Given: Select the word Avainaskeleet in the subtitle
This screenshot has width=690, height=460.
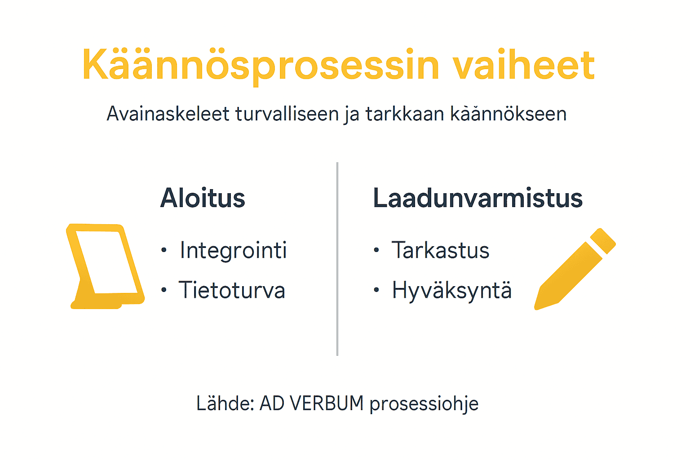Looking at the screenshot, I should pos(168,114).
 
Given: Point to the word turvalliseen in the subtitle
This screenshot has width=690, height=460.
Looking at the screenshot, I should pos(288,114).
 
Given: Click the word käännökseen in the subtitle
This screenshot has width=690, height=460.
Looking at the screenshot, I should pos(508,114).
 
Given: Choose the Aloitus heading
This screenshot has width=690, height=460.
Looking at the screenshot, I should pos(203,198).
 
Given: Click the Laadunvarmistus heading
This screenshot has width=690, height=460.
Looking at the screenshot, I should pos(478,198).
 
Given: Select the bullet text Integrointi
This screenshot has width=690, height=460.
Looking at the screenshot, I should pos(233,250).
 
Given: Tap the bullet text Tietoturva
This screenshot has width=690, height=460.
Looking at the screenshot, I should pos(232,290).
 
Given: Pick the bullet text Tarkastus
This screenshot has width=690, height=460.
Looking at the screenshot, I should pos(440,250).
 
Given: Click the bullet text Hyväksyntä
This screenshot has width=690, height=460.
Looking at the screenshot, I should pos(451,290).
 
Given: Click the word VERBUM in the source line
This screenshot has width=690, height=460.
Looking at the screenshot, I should pos(327,403).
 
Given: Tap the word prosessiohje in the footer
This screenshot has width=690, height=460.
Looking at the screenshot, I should pos(424,404).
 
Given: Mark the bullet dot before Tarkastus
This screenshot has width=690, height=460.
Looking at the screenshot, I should pos(376,250).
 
